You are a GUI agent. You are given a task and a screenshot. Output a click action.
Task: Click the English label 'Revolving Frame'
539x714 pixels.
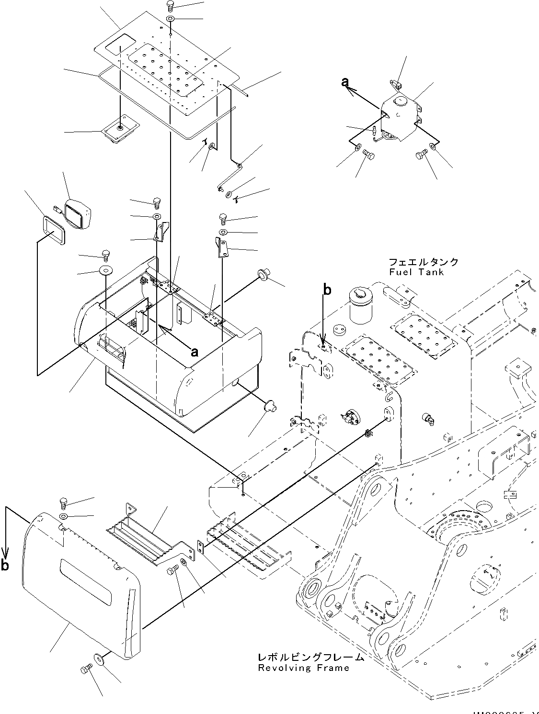[x=303, y=668]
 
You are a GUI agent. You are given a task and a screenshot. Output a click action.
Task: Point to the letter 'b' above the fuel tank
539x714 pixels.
[x=327, y=290]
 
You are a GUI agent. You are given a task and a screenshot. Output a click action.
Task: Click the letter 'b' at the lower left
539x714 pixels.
[x=5, y=566]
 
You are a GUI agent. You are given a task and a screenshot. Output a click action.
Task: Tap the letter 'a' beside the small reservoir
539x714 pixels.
[x=345, y=83]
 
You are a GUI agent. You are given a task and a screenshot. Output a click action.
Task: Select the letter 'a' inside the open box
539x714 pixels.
[x=194, y=352]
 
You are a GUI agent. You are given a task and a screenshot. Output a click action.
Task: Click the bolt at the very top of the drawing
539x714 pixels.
[x=170, y=6]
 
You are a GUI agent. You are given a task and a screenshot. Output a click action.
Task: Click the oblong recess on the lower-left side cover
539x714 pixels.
[x=85, y=576]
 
